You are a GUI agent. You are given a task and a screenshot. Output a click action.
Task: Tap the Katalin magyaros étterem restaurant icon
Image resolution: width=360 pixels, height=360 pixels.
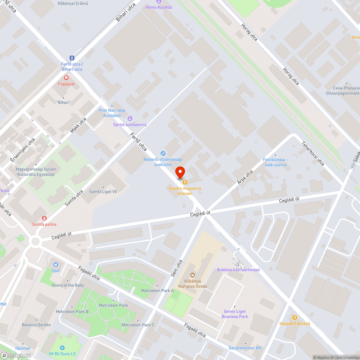(185, 182)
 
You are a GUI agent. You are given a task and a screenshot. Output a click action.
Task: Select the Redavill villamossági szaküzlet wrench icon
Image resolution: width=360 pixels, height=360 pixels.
(163, 153)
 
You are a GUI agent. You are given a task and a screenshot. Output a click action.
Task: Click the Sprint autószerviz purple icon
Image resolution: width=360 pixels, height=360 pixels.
(130, 118)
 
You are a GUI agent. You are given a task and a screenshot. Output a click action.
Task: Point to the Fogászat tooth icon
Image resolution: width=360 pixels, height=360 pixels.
(66, 77)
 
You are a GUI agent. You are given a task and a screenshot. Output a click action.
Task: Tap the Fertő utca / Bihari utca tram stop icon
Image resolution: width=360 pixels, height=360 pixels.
(72, 58)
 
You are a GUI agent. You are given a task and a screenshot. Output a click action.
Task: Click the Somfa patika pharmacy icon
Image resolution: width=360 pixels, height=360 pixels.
(44, 218)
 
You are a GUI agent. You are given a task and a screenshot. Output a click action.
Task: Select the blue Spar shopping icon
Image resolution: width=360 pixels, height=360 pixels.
(55, 264)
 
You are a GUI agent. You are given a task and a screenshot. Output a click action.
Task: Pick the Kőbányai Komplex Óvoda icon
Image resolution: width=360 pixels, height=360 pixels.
(193, 275)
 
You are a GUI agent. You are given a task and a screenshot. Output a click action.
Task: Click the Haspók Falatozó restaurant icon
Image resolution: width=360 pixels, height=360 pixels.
(294, 317)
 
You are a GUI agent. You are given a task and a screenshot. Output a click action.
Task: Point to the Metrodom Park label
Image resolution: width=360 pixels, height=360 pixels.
(113, 305)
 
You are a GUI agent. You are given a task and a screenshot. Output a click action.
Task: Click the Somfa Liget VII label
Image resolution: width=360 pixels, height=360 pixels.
(103, 192)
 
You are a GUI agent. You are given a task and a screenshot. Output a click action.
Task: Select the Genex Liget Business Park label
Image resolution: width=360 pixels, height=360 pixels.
(235, 314)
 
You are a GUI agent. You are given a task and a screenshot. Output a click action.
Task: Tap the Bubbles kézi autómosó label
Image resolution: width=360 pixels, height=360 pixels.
(238, 270)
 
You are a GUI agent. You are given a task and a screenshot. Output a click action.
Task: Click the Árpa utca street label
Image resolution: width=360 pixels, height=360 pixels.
(245, 177)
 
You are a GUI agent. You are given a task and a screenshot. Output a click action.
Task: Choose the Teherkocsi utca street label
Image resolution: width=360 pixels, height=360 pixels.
(313, 153)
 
